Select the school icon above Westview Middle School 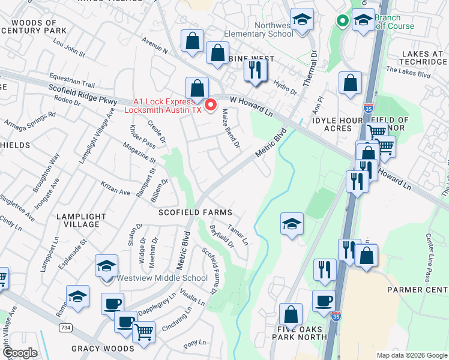(106, 265)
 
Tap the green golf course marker (342, 21)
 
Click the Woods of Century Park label (34, 26)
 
